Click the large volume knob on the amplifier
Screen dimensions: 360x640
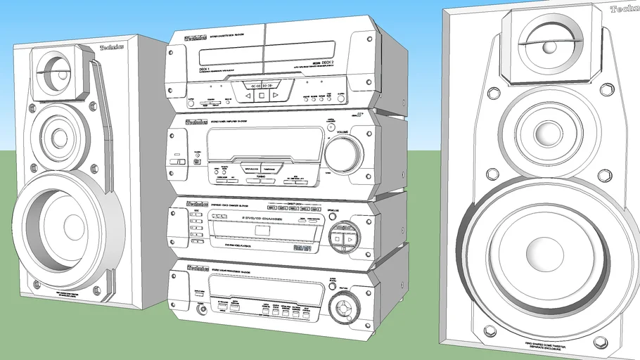coord(344,153)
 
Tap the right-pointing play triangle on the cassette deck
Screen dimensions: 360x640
coord(276,94)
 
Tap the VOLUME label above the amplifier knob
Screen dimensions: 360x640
coord(343,132)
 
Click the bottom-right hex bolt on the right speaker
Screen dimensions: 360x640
coord(600,342)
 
